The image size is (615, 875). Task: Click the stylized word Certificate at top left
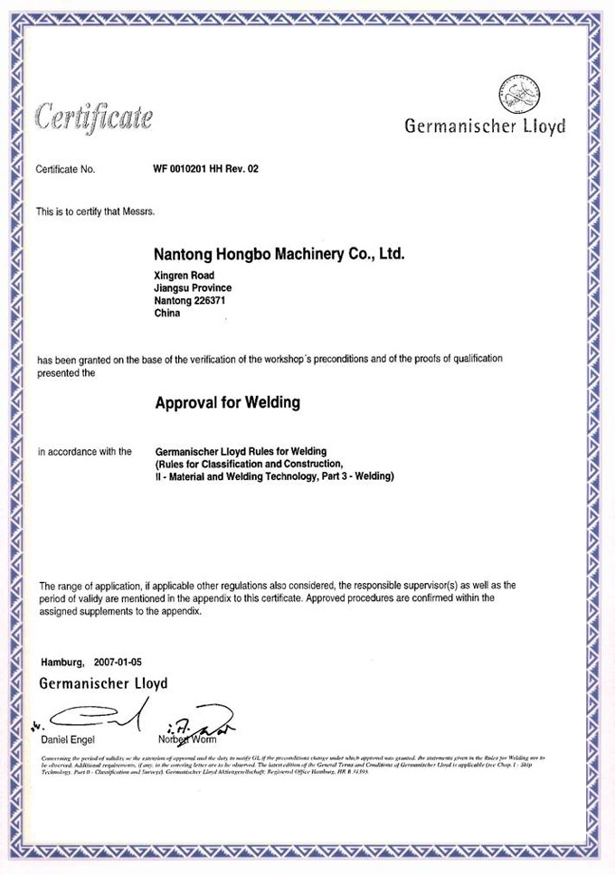click(93, 117)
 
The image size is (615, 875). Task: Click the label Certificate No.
click(65, 169)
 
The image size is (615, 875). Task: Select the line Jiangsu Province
click(194, 288)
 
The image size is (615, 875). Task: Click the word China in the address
click(168, 314)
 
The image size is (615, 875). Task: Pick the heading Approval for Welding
click(227, 402)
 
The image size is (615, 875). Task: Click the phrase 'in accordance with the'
click(84, 451)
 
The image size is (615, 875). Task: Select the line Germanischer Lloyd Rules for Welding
click(241, 451)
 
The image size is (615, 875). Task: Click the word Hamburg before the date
click(62, 663)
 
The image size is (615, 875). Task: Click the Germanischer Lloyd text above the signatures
click(103, 683)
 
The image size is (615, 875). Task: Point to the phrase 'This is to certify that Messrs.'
click(96, 212)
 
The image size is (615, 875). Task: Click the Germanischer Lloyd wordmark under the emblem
click(485, 127)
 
